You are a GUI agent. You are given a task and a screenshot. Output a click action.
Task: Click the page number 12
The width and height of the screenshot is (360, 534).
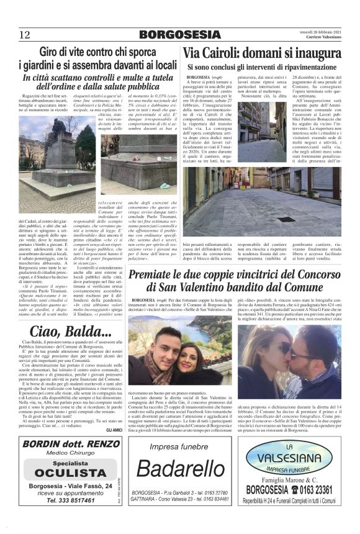(24, 34)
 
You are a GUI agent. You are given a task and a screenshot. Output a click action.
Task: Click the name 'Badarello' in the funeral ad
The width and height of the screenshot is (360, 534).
(180, 471)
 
